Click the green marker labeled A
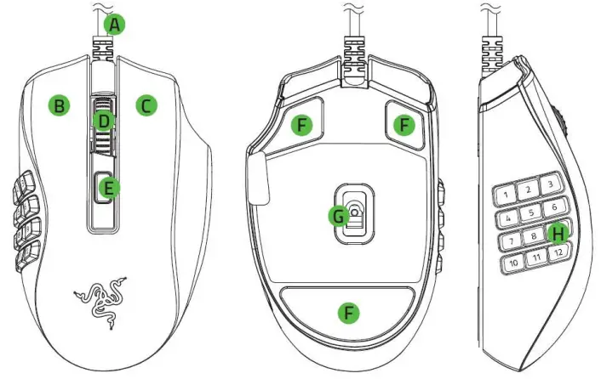click(114, 25)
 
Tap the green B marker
click(59, 105)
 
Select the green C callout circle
click(146, 105)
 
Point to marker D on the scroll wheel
click(103, 121)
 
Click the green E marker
click(106, 188)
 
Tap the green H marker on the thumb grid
click(558, 231)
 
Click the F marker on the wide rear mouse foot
click(346, 312)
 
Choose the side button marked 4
click(510, 218)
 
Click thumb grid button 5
click(533, 213)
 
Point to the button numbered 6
click(554, 207)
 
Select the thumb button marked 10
click(514, 263)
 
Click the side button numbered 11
click(536, 258)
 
